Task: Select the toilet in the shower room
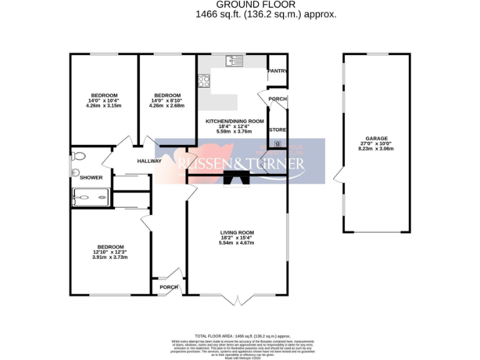point(78,156)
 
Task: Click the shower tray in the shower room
point(91,197)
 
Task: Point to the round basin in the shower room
point(74,172)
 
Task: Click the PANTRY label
point(277,71)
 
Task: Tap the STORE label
point(277,130)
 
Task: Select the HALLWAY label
point(149,161)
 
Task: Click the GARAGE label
point(377,138)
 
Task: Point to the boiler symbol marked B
point(278,144)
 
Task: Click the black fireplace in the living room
point(236,178)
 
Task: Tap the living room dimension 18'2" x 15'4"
point(236,238)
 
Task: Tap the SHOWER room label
point(91,178)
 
